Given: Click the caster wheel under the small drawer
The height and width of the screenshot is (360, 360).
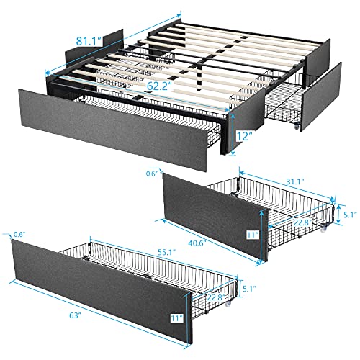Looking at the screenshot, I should click(325, 230).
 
